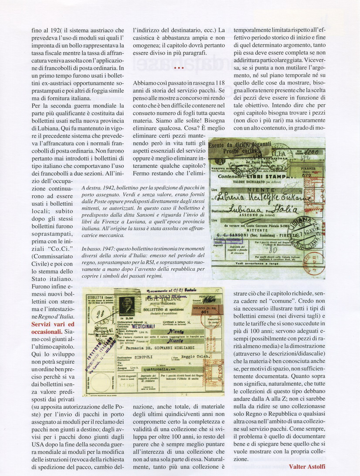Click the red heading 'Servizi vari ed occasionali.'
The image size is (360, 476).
[x=53, y=329]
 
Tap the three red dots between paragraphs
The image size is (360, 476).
[x=179, y=68]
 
